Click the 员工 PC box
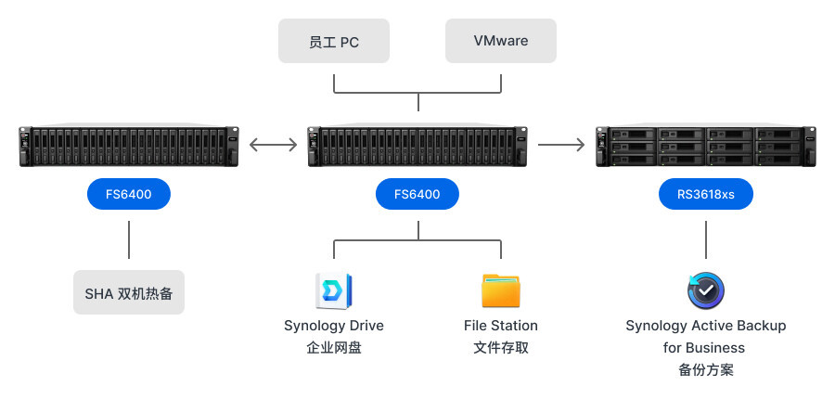(x=334, y=41)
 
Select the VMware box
(x=501, y=41)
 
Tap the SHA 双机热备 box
(x=129, y=293)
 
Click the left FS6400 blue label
(x=129, y=195)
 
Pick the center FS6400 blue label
(x=417, y=195)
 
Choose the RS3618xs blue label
(x=706, y=195)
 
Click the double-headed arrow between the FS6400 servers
(x=274, y=144)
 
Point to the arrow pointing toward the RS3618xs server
(x=561, y=144)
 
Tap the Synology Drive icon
(x=333, y=290)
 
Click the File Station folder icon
(x=501, y=290)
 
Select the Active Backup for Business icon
(x=706, y=290)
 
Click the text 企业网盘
(x=334, y=348)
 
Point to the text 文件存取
(x=501, y=348)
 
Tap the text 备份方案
(x=706, y=370)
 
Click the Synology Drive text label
(x=334, y=326)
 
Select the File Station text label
(x=501, y=326)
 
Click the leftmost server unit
(x=129, y=147)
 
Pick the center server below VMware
(x=417, y=147)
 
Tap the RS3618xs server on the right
(x=706, y=147)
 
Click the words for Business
(x=704, y=348)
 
